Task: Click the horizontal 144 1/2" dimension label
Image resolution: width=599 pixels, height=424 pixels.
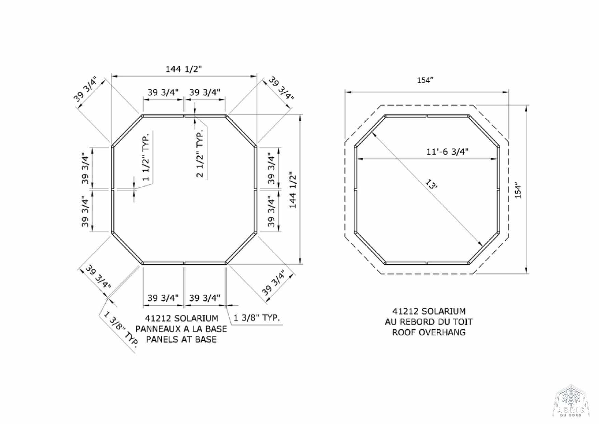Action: (183, 69)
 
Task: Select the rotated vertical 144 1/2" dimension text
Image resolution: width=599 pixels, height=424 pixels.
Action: (293, 190)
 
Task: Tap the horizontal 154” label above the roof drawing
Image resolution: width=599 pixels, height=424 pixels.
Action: (425, 80)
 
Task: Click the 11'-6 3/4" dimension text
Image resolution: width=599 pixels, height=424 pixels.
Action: (447, 151)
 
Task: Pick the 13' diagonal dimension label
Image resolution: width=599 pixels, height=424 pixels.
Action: (432, 185)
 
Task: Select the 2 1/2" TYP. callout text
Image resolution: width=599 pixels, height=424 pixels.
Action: (200, 153)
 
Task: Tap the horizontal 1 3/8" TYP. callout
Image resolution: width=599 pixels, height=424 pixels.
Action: (257, 318)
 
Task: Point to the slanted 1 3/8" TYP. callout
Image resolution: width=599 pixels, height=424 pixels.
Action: (120, 329)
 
